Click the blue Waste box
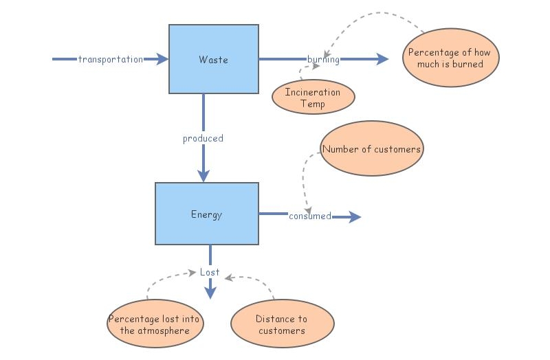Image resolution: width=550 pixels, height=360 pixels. pyautogui.click(x=214, y=59)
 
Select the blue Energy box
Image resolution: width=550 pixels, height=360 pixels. pyautogui.click(x=207, y=214)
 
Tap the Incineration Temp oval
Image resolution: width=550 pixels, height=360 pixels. pyautogui.click(x=313, y=98)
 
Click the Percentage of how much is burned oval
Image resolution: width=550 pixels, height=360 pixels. pyautogui.click(x=450, y=58)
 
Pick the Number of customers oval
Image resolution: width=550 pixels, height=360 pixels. pyautogui.click(x=371, y=148)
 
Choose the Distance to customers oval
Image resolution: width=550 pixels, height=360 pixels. pyautogui.click(x=282, y=324)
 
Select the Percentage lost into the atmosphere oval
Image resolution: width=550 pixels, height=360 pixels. pyautogui.click(x=156, y=324)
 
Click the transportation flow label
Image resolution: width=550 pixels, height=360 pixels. pyautogui.click(x=110, y=60)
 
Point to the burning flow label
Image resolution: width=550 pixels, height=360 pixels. pyautogui.click(x=323, y=60)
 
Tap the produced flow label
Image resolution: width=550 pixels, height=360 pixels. pyautogui.click(x=203, y=138)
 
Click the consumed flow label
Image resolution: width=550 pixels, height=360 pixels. pyautogui.click(x=309, y=216)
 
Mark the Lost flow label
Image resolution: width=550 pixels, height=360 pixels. pyautogui.click(x=210, y=272)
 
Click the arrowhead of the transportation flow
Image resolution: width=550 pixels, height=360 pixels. pyautogui.click(x=162, y=60)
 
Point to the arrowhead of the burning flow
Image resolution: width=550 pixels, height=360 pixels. pyautogui.click(x=382, y=60)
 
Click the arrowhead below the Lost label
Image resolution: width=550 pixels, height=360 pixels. pyautogui.click(x=210, y=293)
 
